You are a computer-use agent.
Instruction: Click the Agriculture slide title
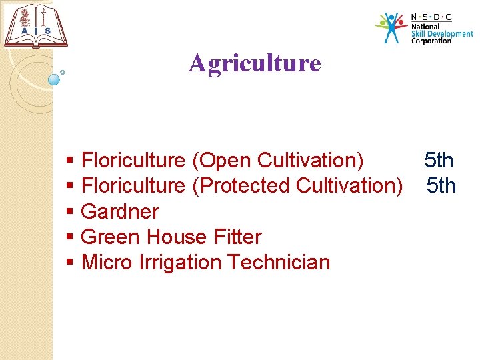[x=255, y=63]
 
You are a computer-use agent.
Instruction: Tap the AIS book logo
[x=36, y=26]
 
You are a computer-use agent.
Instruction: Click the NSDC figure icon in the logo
[x=391, y=27]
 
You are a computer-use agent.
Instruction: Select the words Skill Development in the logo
[x=441, y=33]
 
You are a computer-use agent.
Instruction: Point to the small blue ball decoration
[x=55, y=79]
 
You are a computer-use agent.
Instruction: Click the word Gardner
[x=120, y=211]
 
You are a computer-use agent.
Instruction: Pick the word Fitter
[x=238, y=237]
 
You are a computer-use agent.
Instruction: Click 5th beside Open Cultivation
[x=439, y=161]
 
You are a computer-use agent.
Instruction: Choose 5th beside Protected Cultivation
[x=441, y=185]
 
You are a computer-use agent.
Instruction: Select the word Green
[x=111, y=237]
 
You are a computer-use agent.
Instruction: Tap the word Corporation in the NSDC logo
[x=431, y=41]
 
